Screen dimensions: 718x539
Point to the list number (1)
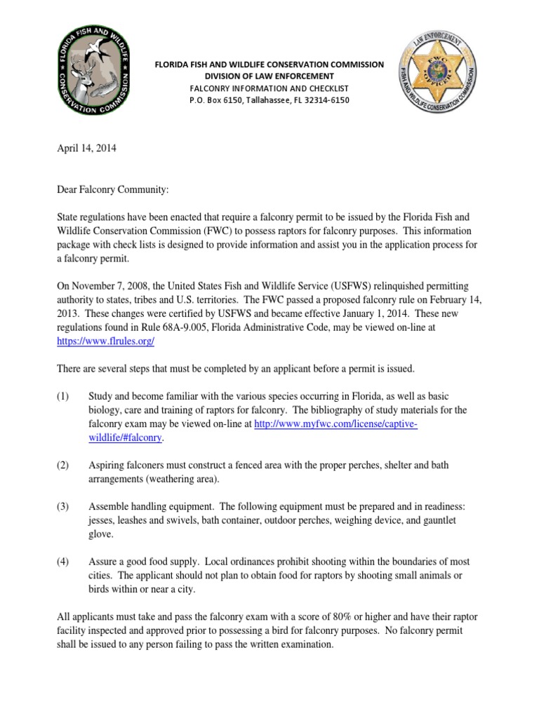(x=63, y=397)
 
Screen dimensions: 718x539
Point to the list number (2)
(x=63, y=466)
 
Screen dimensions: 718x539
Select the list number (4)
(x=63, y=562)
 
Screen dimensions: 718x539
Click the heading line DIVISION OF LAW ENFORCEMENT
(x=269, y=76)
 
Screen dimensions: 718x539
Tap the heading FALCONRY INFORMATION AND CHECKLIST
(x=269, y=88)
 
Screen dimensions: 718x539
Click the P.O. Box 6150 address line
(x=269, y=100)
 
